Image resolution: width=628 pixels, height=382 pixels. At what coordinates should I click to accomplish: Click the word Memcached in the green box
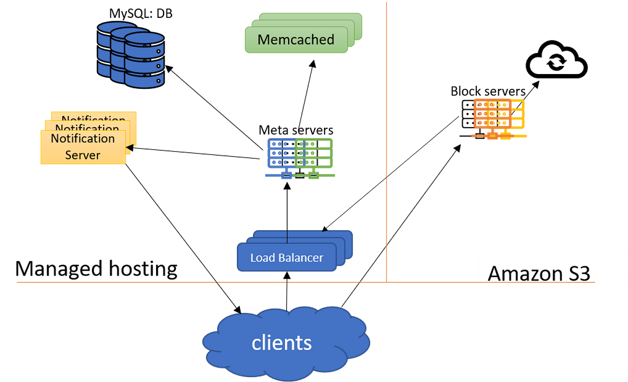coord(296,40)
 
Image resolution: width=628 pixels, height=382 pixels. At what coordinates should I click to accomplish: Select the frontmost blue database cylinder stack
coord(144,60)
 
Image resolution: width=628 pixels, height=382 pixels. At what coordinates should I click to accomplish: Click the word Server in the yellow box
coord(83,155)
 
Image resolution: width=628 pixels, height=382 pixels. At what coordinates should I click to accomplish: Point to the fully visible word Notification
coord(83,138)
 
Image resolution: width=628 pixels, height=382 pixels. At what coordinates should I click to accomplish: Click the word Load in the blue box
coord(263,258)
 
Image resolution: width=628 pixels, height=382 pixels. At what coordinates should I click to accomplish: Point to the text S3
coord(578,273)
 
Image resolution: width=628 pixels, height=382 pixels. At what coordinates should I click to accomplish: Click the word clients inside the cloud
coord(281,342)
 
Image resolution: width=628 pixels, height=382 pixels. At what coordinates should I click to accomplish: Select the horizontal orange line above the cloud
coord(135,282)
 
